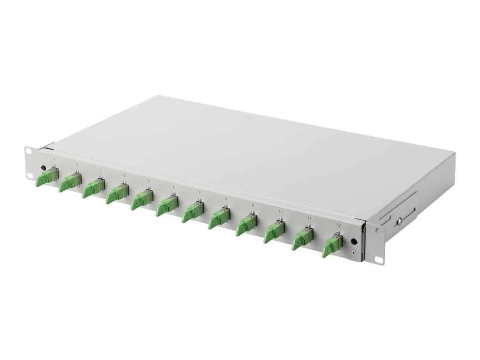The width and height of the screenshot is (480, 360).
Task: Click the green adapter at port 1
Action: [x=46, y=177]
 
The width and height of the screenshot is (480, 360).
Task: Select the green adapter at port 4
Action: [x=117, y=194]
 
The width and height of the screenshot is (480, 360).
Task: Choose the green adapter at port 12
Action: [x=332, y=247]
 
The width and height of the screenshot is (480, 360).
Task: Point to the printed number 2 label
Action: [x=77, y=165]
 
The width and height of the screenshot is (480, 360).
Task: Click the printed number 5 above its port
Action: [x=149, y=181]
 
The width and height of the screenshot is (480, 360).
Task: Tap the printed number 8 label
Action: [x=225, y=199]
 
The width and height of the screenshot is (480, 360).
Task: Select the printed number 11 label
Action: [x=309, y=218]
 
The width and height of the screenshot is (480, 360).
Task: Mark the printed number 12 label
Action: [x=338, y=225]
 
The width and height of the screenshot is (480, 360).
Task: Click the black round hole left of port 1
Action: [x=44, y=167]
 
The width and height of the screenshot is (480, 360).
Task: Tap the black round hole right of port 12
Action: [x=354, y=241]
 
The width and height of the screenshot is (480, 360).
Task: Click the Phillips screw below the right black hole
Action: [x=354, y=254]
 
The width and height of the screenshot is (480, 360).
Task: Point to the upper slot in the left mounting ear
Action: [x=29, y=151]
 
